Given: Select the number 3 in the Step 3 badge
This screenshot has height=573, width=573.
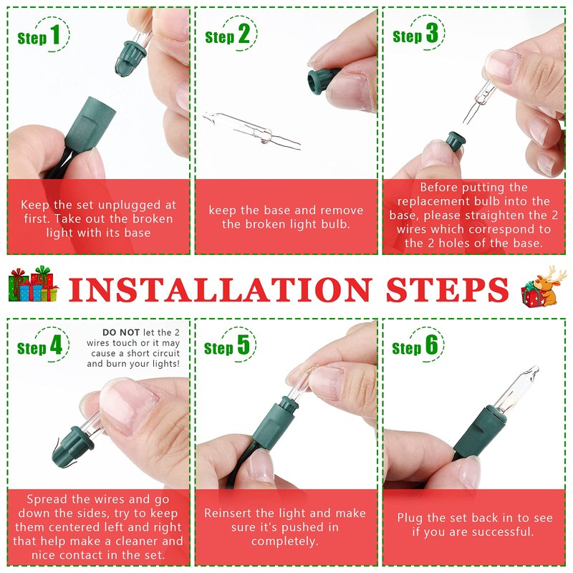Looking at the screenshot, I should [431, 34].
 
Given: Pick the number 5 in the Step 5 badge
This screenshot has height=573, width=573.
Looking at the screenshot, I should [244, 346].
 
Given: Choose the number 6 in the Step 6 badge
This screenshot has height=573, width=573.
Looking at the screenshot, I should [431, 346].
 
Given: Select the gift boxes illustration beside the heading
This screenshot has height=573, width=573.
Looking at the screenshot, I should [33, 285].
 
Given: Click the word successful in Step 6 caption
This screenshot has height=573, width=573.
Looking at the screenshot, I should [494, 531].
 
